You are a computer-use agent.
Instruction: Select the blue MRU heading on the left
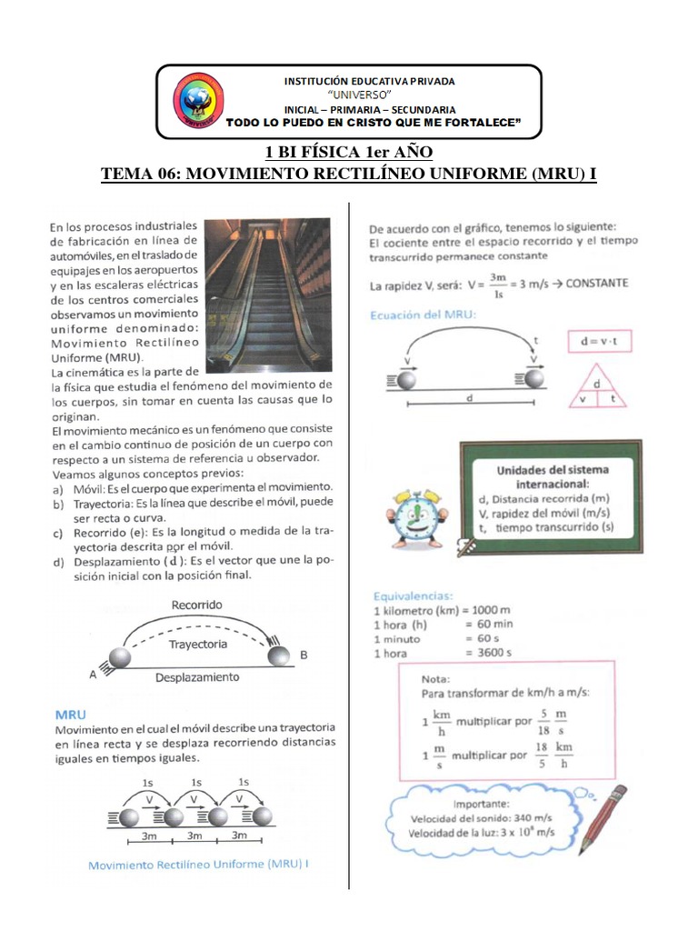pyautogui.click(x=71, y=715)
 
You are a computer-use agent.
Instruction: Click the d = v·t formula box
pyautogui.click(x=599, y=342)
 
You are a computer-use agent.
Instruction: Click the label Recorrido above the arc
pyautogui.click(x=196, y=605)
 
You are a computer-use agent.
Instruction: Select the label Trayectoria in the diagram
pyautogui.click(x=197, y=644)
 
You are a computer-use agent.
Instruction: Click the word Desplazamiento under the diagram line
pyautogui.click(x=197, y=677)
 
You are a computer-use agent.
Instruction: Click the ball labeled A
pyautogui.click(x=120, y=658)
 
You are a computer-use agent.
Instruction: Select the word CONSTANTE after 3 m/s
pyautogui.click(x=596, y=283)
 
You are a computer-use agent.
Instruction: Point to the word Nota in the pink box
pyautogui.click(x=437, y=678)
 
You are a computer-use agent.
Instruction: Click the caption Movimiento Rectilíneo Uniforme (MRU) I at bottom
pyautogui.click(x=198, y=865)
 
